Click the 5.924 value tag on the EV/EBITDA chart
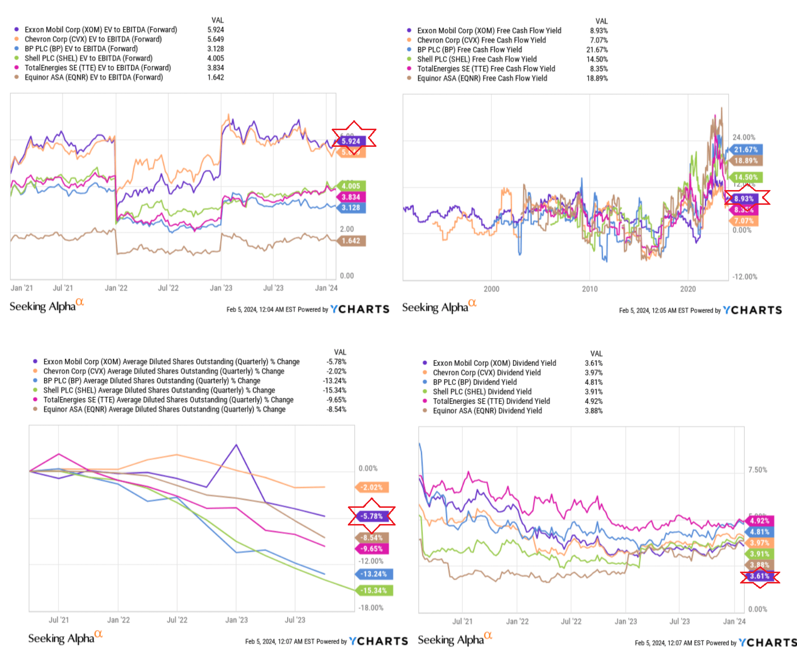coord(351,141)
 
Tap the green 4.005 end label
coord(351,186)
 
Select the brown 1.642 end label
coord(351,241)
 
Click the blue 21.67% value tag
coord(745,150)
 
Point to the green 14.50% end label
coord(745,177)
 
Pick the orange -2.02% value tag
coord(371,487)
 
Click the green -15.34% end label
coord(374,590)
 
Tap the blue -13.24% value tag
coord(374,574)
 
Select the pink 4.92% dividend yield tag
coord(760,521)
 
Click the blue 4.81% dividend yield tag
coord(760,532)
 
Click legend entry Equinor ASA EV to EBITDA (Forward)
coord(93,77)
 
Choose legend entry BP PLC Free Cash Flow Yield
coord(469,50)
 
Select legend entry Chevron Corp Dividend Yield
coord(486,373)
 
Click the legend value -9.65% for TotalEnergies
coord(337,400)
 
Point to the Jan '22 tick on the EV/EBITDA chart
coord(116,288)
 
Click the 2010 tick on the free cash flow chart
coord(590,289)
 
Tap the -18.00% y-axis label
coord(371,608)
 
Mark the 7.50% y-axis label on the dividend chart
coord(757,470)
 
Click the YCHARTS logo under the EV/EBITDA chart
coord(360,309)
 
